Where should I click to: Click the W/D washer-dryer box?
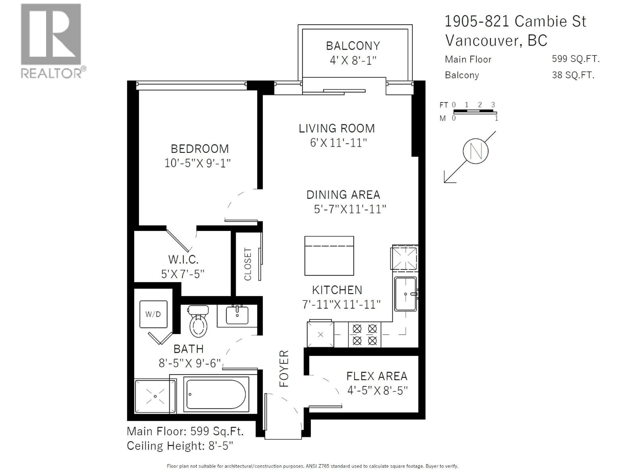(x=153, y=314)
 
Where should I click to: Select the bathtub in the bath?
(x=216, y=394)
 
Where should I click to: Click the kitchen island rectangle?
(x=329, y=256)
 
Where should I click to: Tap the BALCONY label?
(x=353, y=46)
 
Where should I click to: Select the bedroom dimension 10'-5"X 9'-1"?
(x=197, y=163)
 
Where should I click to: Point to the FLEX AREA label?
(x=377, y=376)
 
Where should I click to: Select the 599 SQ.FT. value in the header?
(x=576, y=59)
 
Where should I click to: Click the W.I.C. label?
(x=183, y=260)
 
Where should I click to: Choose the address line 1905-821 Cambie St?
(x=515, y=21)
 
